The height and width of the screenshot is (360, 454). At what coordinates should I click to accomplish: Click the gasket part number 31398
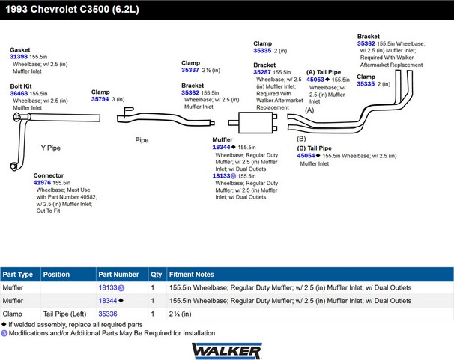tap(19, 57)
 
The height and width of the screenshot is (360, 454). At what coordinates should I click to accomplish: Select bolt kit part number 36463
tap(19, 93)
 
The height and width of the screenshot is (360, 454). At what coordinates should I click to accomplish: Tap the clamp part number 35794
tap(100, 99)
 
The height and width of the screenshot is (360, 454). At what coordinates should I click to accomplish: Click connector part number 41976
tap(42, 182)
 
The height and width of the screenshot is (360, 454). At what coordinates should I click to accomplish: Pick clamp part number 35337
tap(190, 70)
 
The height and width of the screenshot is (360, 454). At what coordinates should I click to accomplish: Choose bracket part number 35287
tap(262, 72)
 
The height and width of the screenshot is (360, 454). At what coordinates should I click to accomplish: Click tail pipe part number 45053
tap(315, 79)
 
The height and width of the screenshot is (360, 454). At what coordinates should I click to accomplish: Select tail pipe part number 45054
tap(306, 156)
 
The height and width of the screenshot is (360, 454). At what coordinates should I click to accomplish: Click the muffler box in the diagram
tap(255, 122)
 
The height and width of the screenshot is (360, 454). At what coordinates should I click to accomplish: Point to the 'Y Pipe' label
tap(51, 148)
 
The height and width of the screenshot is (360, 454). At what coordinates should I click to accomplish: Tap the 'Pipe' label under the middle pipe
tap(142, 140)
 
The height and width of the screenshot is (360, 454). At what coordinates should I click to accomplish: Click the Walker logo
tap(227, 351)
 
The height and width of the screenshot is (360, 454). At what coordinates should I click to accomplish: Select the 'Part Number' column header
tap(118, 274)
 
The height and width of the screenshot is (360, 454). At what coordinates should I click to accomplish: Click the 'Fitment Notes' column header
tap(192, 274)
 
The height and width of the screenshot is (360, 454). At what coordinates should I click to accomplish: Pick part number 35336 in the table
tap(108, 313)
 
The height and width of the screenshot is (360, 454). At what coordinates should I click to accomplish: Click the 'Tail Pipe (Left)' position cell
tap(65, 313)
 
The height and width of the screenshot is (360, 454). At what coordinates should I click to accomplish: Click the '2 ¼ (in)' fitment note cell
tap(181, 313)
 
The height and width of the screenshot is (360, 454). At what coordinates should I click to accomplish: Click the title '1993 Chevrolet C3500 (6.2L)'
tap(73, 9)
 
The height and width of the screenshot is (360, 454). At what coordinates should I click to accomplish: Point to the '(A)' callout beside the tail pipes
tap(309, 110)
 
